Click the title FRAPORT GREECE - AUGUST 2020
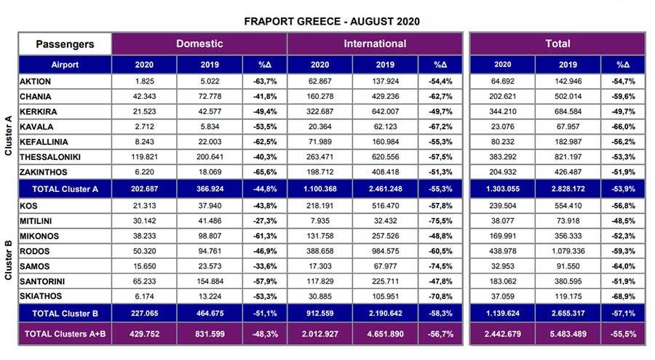pos(331,22)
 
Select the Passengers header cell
pos(65,44)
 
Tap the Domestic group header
pos(199,44)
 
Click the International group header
pos(375,44)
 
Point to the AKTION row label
pos(35,81)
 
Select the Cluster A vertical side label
pos(8,128)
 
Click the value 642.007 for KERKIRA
pos(386,112)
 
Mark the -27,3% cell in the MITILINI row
pos(259,221)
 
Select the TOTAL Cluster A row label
pos(65,189)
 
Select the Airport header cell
pos(65,64)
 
